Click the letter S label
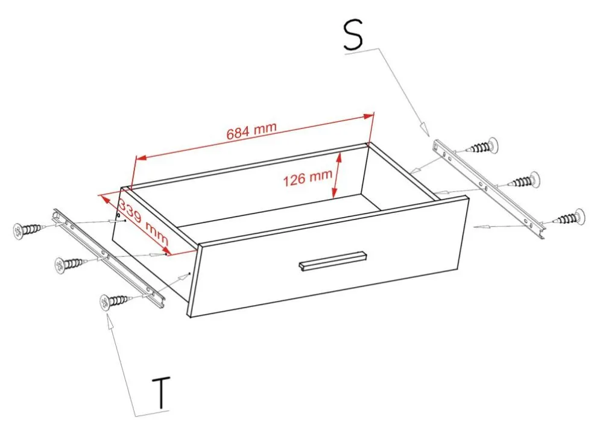tap(353, 35)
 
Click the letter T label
tap(162, 393)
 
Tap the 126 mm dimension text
tap(308, 178)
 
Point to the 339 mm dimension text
tap(143, 221)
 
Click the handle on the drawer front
tap(332, 261)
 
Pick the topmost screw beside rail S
tap(482, 146)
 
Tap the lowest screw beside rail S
tap(569, 218)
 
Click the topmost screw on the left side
tap(29, 230)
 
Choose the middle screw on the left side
tap(71, 264)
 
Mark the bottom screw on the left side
tap(116, 301)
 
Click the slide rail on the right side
tap(489, 189)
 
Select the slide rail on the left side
tap(109, 258)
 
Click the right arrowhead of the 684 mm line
tap(369, 116)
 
